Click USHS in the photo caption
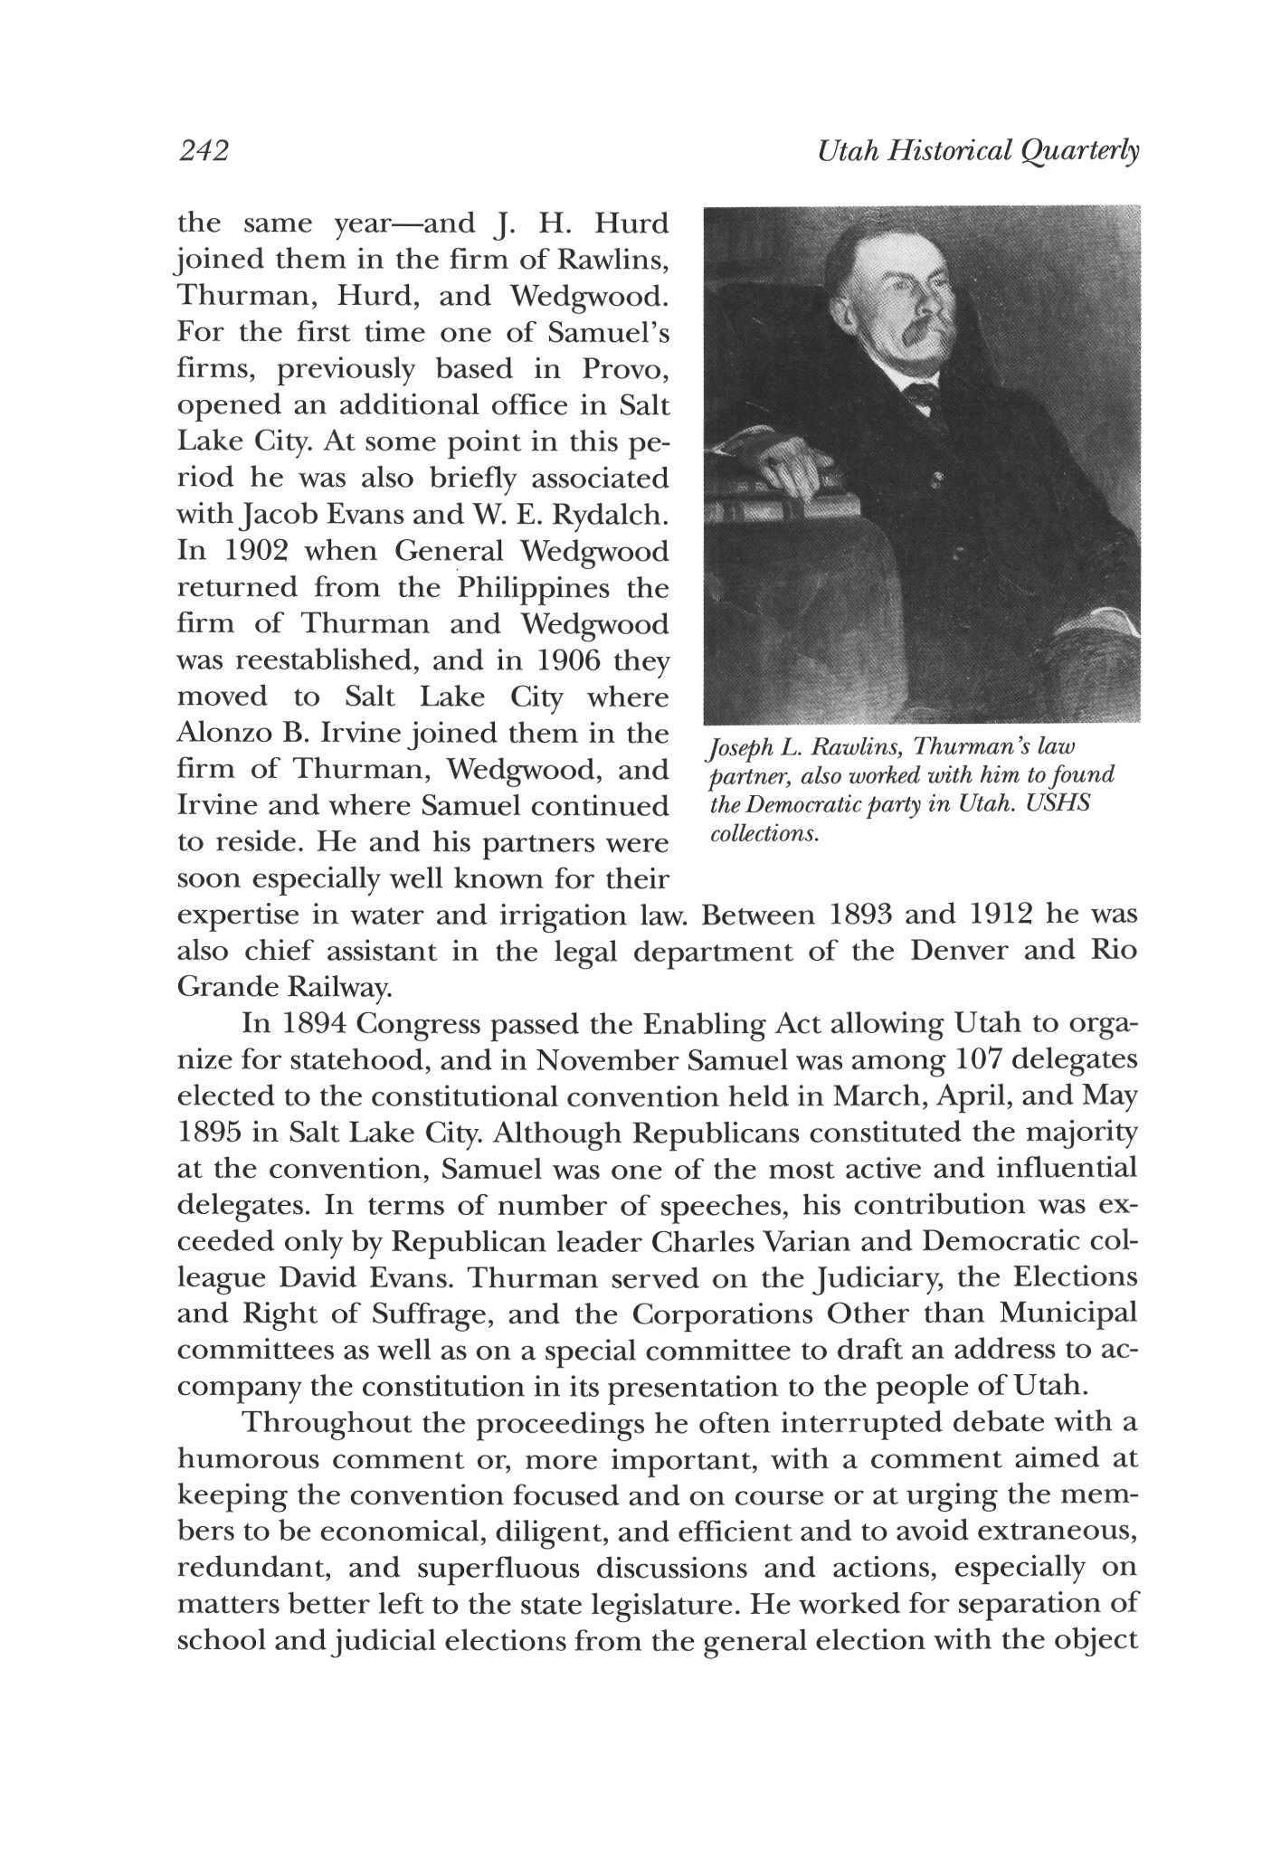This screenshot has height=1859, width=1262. point(1063,803)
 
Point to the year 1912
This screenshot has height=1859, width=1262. point(1001,915)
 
